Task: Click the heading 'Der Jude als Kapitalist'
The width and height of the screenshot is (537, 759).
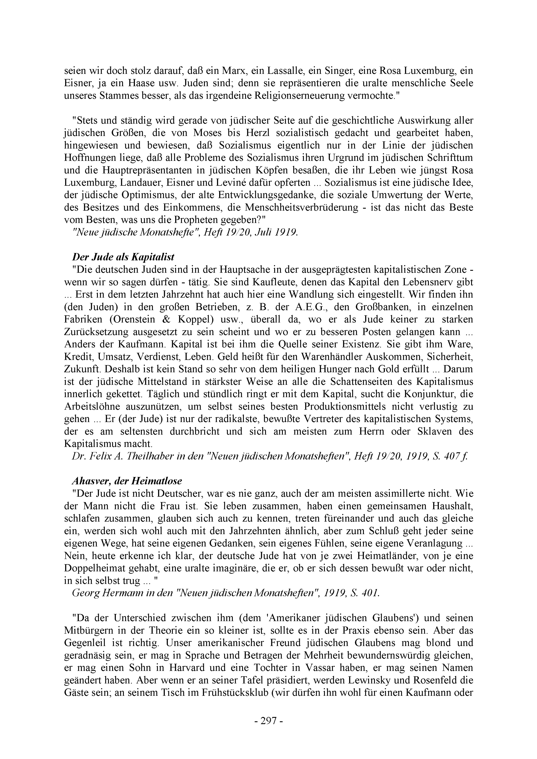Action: point(123,257)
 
